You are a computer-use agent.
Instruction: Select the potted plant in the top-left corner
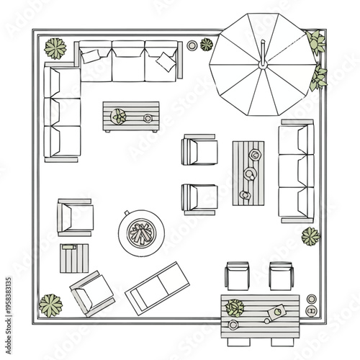(55, 48)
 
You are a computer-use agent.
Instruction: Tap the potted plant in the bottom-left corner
(50, 304)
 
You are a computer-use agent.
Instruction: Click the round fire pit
(140, 231)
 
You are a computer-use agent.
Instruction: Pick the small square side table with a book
(74, 256)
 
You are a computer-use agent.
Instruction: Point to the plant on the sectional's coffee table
(118, 114)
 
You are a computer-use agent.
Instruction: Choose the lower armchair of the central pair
(199, 198)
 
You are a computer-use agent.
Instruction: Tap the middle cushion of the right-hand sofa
(296, 171)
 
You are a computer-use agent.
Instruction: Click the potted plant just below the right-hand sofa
(310, 236)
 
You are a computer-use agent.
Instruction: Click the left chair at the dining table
(237, 276)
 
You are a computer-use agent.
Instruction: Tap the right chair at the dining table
(281, 276)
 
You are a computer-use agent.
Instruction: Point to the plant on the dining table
(235, 308)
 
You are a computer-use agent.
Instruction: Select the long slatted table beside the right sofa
(248, 173)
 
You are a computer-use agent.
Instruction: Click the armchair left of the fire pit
(76, 216)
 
